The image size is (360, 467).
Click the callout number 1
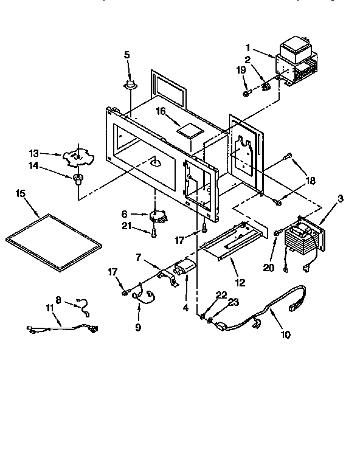point(248,48)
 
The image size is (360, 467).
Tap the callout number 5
point(127,55)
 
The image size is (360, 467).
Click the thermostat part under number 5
point(131,85)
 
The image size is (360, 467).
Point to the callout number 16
point(161,111)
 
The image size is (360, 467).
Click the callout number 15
point(21,193)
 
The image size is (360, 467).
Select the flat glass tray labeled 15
point(54,243)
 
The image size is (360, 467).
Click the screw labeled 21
point(154,233)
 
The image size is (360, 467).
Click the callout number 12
point(240,282)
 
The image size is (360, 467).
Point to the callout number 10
point(285,334)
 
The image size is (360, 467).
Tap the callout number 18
point(310,181)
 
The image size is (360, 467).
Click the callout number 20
point(268,268)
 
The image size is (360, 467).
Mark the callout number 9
point(138,327)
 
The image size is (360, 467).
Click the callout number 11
point(50,308)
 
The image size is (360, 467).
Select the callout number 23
point(234,302)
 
